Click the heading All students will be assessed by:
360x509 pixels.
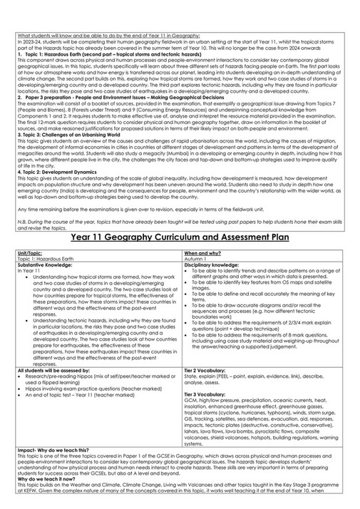[53, 370]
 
